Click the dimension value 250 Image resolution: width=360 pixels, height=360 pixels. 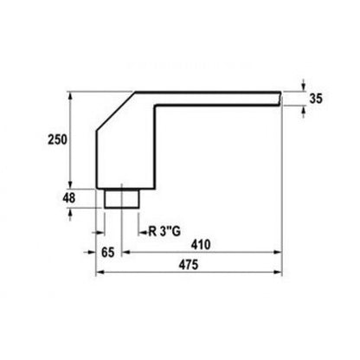[57, 139]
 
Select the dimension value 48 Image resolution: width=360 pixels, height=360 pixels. [69, 198]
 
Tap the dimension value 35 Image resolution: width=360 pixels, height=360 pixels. [316, 99]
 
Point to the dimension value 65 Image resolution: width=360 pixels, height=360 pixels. [108, 253]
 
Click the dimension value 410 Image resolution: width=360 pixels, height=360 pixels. [201, 245]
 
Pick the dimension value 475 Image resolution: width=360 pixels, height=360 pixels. [189, 265]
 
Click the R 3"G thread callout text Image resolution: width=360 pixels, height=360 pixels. [164, 231]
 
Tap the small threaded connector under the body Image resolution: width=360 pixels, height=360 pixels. [122, 198]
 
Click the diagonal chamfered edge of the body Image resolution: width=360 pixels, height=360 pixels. [116, 112]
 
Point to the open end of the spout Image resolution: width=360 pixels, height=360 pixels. [280, 99]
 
